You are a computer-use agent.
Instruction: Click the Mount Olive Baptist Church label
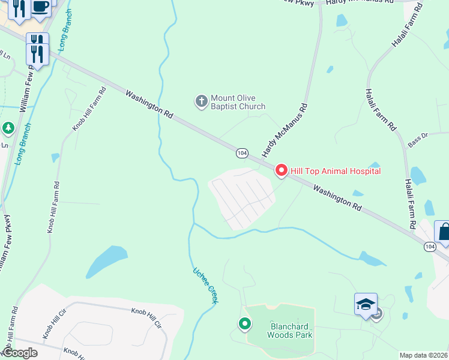[x=238, y=102]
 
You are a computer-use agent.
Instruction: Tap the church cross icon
[x=202, y=101]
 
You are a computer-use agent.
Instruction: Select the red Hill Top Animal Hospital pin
[x=282, y=171]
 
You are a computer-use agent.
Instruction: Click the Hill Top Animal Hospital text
[x=336, y=172]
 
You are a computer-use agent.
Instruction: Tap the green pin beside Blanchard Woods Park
[x=245, y=324]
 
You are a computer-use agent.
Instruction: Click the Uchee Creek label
[x=205, y=286]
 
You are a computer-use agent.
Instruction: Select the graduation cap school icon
[x=366, y=304]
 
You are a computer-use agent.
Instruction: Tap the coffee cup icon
[x=40, y=7]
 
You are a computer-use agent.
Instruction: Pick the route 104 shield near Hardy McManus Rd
[x=241, y=154]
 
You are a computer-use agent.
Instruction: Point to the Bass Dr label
[x=417, y=139]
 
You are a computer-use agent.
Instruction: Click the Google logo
[x=20, y=353]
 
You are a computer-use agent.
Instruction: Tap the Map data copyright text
[x=424, y=355]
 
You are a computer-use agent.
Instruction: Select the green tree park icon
[x=8, y=128]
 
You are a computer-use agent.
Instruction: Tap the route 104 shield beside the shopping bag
[x=429, y=247]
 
